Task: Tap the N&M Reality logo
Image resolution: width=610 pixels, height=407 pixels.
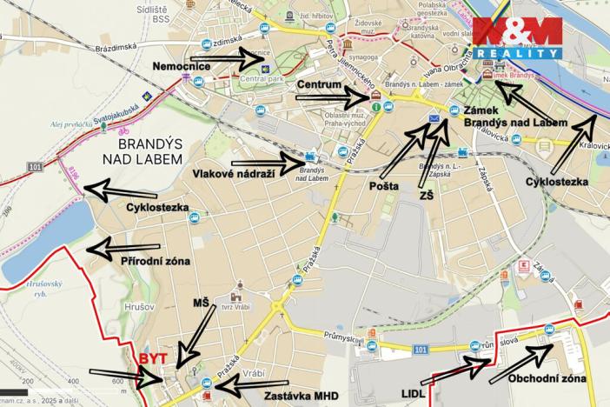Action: click(x=516, y=39)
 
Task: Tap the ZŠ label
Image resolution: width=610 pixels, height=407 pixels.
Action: click(x=424, y=197)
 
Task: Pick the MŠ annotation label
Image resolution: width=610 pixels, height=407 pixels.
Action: click(x=202, y=302)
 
